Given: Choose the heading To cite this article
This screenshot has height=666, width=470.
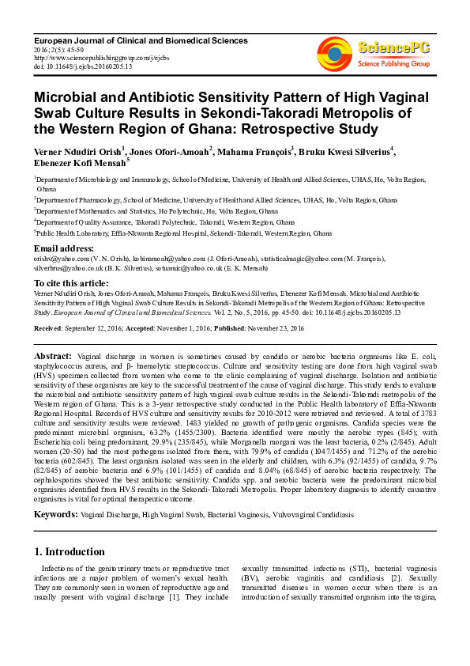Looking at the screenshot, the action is pyautogui.click(x=71, y=282).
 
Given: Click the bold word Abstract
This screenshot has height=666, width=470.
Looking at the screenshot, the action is pyautogui.click(x=54, y=358).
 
